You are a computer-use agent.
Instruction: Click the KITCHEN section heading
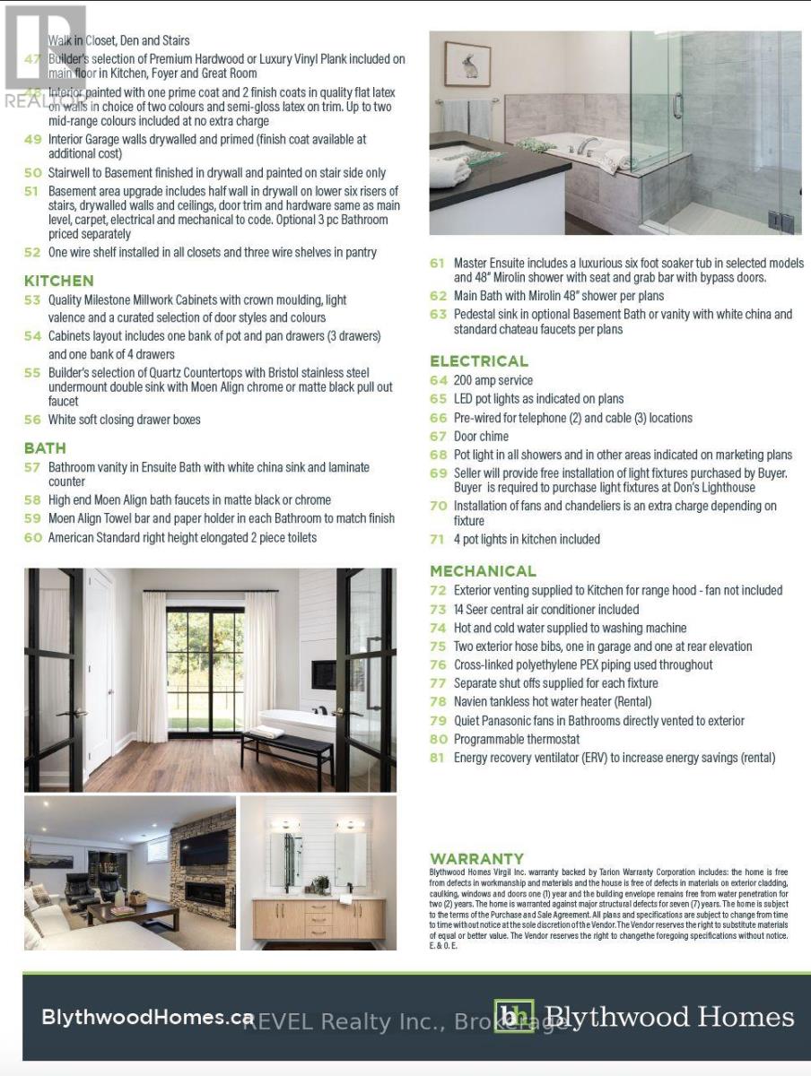coord(58,281)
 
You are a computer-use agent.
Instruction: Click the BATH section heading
coord(45,447)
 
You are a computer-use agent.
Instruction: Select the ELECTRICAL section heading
coord(479,361)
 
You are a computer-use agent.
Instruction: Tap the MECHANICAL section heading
coord(483,571)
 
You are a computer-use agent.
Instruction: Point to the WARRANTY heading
coord(476,858)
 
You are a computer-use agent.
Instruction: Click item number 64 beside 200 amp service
coord(438,380)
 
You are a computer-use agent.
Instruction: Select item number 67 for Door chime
coord(438,437)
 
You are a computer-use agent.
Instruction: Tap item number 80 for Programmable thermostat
coord(438,740)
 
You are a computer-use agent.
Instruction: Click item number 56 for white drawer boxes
coord(32,420)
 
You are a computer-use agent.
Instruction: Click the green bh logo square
coord(513,1017)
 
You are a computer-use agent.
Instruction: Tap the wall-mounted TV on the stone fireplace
coord(204,846)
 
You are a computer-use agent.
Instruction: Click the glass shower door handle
coord(678,106)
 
